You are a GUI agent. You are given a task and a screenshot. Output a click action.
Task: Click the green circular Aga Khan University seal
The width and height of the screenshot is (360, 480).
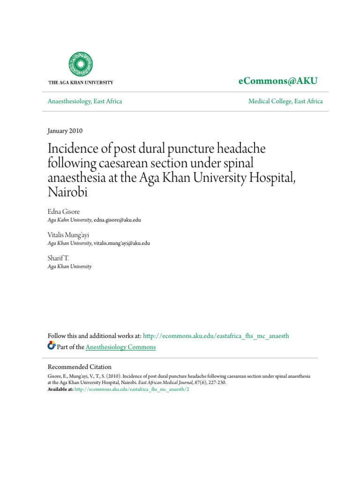(81, 64)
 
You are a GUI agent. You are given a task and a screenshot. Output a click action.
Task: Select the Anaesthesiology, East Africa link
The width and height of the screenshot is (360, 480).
(85, 101)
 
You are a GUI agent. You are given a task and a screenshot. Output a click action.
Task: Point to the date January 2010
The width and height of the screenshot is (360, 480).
(65, 131)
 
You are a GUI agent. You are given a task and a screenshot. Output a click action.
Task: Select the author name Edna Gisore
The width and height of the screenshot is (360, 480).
(63, 211)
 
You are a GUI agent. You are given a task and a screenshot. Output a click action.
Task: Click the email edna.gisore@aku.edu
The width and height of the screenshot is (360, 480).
(117, 220)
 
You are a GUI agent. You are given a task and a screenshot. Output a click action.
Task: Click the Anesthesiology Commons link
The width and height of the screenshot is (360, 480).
(121, 347)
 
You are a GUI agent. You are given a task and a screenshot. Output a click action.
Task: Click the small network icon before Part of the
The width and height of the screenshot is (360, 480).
(52, 346)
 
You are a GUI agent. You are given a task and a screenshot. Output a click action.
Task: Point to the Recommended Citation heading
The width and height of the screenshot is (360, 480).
(80, 367)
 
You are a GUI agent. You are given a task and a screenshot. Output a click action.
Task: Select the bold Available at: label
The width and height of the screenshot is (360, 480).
(61, 390)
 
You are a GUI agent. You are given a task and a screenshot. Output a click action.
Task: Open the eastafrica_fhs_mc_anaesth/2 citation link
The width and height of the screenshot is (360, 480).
(132, 390)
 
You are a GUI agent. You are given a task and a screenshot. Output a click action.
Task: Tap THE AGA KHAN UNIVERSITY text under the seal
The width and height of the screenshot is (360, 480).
(81, 82)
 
